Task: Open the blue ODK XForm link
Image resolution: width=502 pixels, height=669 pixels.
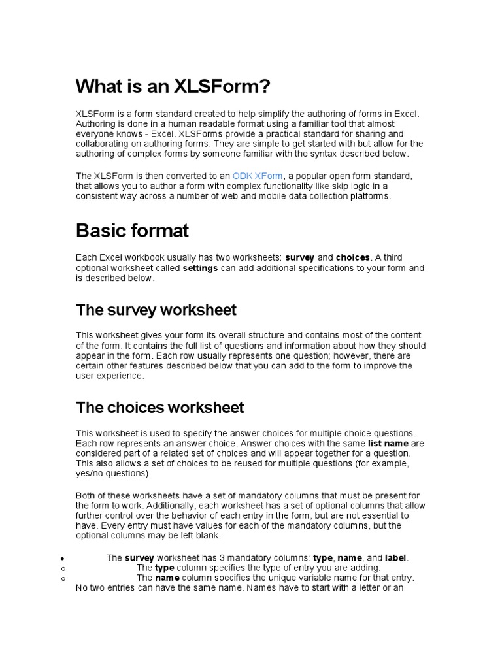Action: click(258, 176)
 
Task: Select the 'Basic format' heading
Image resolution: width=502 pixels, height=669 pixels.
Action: click(132, 230)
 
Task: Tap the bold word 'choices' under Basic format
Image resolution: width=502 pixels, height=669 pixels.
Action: click(352, 257)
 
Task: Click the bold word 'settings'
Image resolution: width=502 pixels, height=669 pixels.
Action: click(200, 268)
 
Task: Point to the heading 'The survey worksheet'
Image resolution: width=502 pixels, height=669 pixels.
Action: click(156, 309)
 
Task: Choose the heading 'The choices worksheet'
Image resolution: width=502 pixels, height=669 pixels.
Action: click(160, 408)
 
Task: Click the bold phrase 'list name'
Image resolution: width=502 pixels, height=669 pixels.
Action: click(388, 444)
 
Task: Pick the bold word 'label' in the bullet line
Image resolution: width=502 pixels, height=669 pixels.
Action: click(395, 558)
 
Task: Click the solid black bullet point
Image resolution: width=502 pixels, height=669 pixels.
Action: click(61, 559)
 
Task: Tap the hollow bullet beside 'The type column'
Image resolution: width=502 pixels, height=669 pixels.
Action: click(61, 569)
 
